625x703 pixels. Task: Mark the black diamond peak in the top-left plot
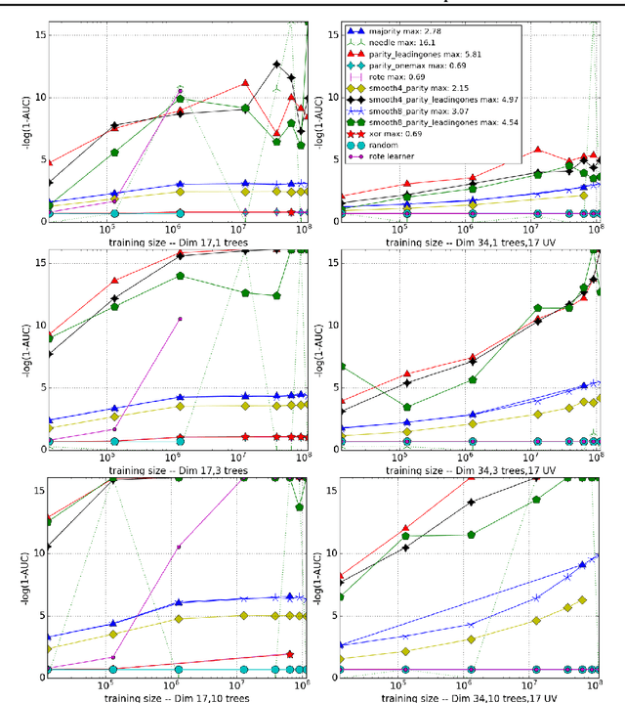coord(277,65)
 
